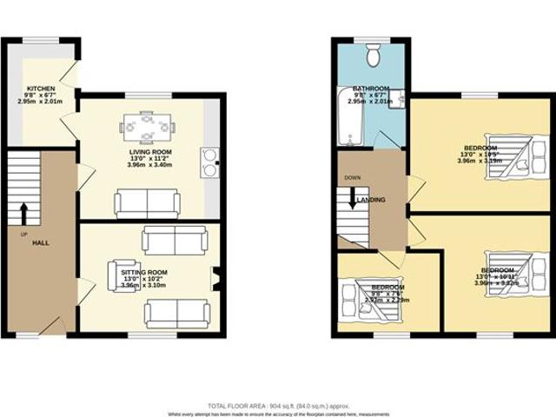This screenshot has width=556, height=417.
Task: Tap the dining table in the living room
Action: (147, 127)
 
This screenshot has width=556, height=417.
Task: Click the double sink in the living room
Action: (210, 162)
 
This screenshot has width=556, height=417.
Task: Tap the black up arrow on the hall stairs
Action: (23, 212)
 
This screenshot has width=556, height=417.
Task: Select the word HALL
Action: (40, 242)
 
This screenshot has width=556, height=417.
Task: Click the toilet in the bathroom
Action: (374, 56)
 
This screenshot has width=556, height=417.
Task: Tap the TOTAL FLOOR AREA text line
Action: (277, 406)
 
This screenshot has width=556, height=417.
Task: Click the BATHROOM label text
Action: (371, 89)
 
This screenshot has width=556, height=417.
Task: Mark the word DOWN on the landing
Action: (352, 177)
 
